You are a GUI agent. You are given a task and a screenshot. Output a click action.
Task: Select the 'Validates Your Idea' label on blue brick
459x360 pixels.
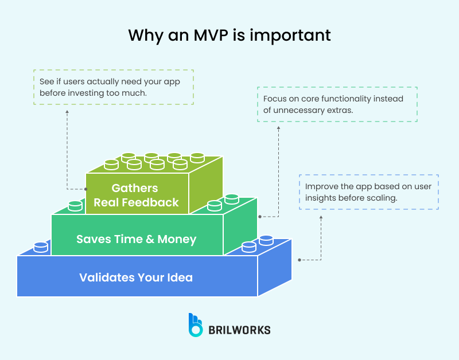click(x=136, y=278)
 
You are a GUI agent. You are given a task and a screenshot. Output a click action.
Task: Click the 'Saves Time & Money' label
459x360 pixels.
click(x=136, y=239)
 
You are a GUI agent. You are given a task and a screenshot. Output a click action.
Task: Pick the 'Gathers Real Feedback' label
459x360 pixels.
click(x=136, y=195)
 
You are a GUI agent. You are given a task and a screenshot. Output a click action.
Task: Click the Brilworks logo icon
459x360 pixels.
click(x=196, y=325)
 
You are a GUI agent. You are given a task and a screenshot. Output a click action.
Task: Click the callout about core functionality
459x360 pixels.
click(x=337, y=104)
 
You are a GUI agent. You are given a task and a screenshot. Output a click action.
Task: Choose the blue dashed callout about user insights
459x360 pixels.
click(x=369, y=192)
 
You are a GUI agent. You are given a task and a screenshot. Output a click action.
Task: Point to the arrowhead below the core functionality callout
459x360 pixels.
click(x=279, y=127)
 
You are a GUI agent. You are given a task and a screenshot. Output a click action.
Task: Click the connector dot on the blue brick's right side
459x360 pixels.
click(x=299, y=260)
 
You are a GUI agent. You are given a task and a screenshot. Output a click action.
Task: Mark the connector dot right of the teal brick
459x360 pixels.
click(x=260, y=217)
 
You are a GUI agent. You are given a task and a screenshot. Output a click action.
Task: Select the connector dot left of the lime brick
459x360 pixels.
click(x=85, y=188)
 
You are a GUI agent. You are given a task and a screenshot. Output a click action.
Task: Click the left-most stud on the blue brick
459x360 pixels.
click(x=41, y=246)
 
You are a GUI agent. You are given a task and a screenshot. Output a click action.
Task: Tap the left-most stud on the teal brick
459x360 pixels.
click(x=75, y=205)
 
